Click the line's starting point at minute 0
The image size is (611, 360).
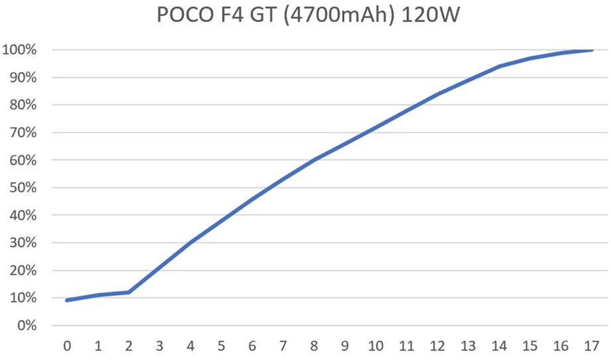point(67,300)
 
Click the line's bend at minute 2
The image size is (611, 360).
point(129,292)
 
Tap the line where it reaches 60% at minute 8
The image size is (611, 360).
point(314,160)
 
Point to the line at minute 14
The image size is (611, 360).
point(499,66)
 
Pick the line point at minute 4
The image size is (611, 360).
point(190,243)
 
